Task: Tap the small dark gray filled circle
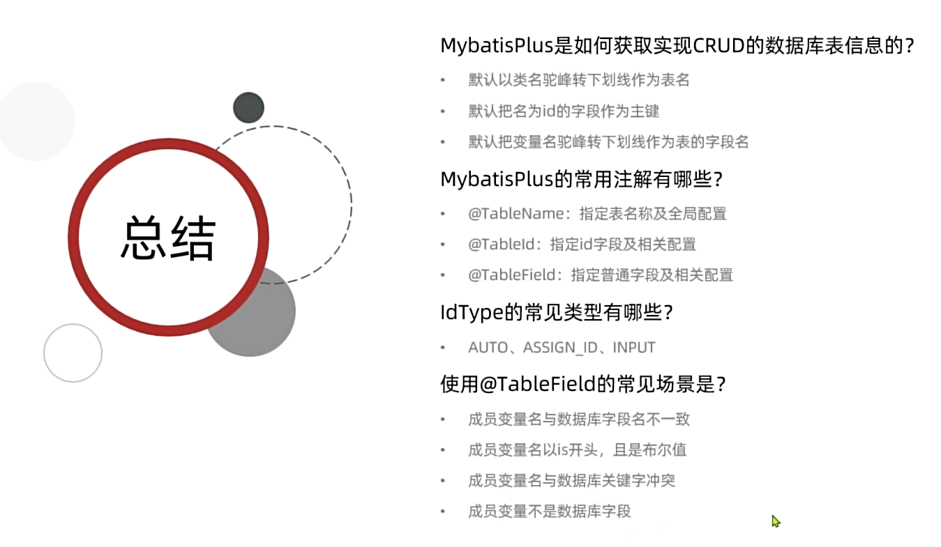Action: pos(248,108)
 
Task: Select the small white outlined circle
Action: pos(73,353)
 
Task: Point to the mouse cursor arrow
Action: pos(775,521)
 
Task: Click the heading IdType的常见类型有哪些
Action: pos(556,312)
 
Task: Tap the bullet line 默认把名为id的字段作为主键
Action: pos(564,111)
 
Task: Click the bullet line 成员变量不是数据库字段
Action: pos(549,511)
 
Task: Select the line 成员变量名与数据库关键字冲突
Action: pos(571,481)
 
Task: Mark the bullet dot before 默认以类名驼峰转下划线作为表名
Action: pos(442,80)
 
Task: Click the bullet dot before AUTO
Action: pos(442,348)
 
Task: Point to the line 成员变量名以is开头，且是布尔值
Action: pos(577,450)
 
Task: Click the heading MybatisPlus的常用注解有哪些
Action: pos(580,179)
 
